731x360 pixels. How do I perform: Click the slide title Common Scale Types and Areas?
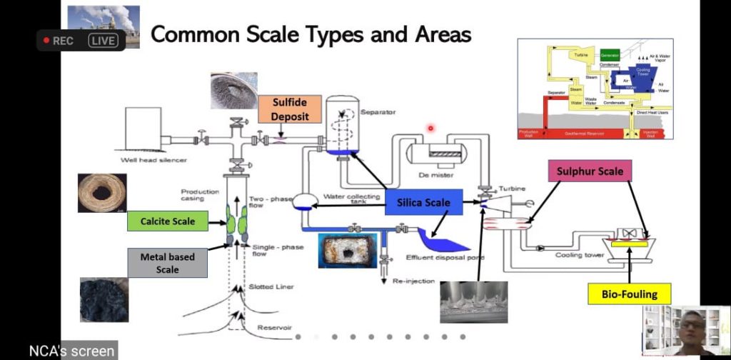(x=311, y=34)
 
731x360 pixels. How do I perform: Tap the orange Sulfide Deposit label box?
(x=289, y=109)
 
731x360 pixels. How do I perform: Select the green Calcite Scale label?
(x=168, y=221)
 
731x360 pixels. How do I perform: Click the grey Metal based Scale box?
(x=168, y=262)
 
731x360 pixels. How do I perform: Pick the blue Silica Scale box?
(x=423, y=203)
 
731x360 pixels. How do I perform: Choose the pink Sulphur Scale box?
(x=590, y=171)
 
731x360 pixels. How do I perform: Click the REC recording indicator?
(x=59, y=41)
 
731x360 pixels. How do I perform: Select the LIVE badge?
(x=103, y=41)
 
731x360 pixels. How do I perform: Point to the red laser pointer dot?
(x=430, y=129)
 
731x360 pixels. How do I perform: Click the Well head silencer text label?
(x=153, y=160)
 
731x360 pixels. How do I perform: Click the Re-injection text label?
(x=413, y=281)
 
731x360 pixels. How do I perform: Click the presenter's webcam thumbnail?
(x=685, y=329)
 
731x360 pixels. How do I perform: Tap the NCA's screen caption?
(x=71, y=351)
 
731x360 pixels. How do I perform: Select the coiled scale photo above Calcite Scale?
(x=102, y=193)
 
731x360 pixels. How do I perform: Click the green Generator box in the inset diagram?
(x=610, y=55)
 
